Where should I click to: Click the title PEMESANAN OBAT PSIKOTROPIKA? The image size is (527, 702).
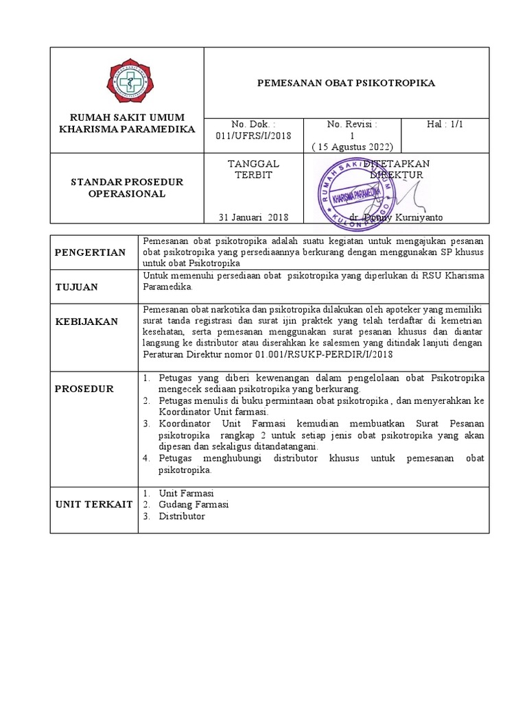point(347,83)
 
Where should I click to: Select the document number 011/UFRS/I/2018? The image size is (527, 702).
point(253,136)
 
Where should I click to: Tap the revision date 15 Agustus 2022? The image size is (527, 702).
point(352,147)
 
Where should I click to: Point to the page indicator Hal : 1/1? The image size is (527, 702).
point(445,124)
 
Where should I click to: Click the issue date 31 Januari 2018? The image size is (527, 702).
point(253,217)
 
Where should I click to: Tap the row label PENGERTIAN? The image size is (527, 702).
point(91,252)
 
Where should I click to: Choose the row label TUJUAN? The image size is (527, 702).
point(77,287)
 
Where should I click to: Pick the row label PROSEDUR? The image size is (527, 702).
point(85,389)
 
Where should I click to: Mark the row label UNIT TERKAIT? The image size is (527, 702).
point(94,505)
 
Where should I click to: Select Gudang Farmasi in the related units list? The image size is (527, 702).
point(194,505)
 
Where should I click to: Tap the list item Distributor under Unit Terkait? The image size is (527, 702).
point(182,516)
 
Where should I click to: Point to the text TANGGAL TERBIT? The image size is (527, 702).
point(253,169)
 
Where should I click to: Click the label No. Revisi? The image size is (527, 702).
point(352,124)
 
